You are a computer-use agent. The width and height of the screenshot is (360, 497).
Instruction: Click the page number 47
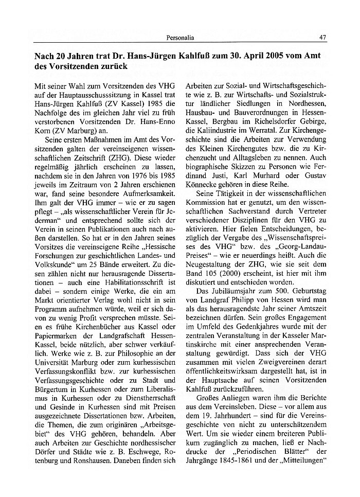(322, 37)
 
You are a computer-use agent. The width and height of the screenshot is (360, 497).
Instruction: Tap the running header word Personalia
(180, 37)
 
